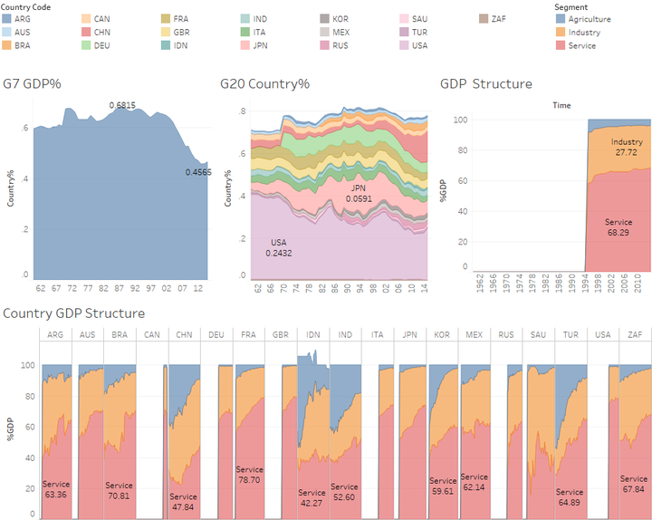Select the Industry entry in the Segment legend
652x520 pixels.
click(x=585, y=33)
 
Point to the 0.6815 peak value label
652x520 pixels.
click(x=122, y=105)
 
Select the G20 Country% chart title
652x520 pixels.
click(x=264, y=84)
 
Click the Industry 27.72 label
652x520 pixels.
click(x=627, y=148)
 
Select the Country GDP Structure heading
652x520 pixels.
click(x=74, y=313)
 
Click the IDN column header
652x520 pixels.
click(x=312, y=335)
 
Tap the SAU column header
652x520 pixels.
click(x=537, y=335)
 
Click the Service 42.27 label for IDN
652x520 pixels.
click(x=312, y=498)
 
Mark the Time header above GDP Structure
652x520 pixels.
click(x=561, y=105)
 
